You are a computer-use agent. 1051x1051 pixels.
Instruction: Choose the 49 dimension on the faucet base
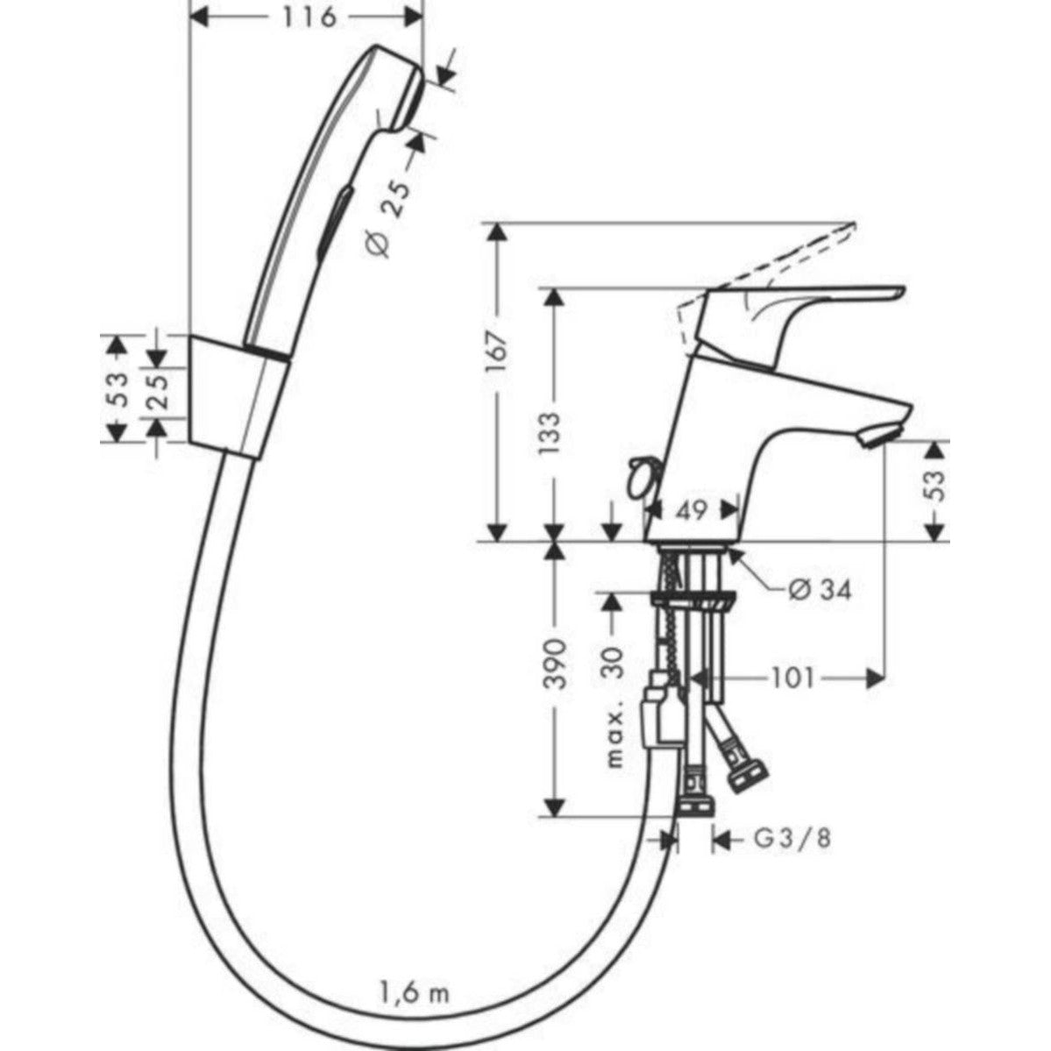(692, 511)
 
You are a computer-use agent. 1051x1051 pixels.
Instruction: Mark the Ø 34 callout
(819, 590)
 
